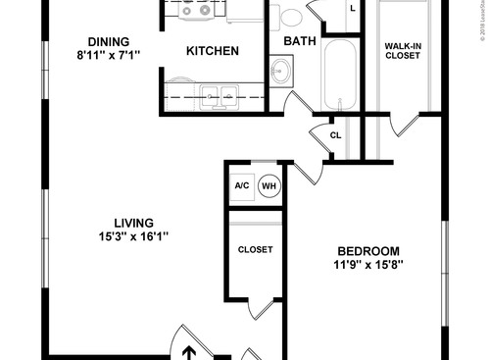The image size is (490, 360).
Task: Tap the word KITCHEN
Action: [x=213, y=50]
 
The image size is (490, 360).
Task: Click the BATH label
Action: [x=300, y=41]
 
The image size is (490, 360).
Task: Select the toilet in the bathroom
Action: [x=291, y=17]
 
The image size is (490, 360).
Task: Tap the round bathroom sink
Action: [x=281, y=72]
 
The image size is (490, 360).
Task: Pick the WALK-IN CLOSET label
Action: [x=402, y=50]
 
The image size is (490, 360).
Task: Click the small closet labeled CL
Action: [x=335, y=135]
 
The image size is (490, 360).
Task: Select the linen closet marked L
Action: [x=352, y=9]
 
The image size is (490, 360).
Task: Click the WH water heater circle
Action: [x=269, y=184]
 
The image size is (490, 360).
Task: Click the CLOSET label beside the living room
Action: [x=256, y=249]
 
